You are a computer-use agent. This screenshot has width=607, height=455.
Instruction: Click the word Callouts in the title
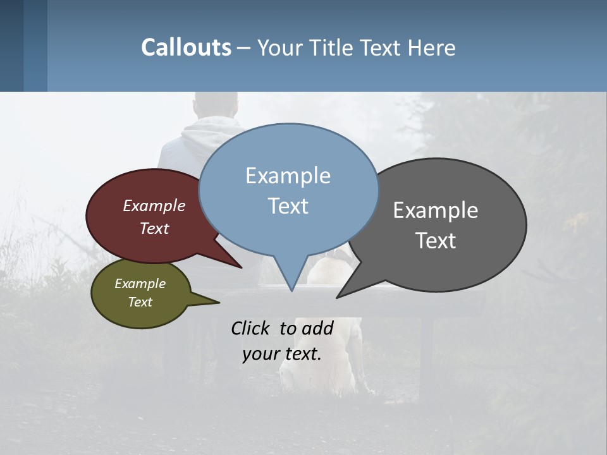click(186, 47)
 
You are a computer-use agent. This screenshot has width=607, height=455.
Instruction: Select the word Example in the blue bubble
click(288, 176)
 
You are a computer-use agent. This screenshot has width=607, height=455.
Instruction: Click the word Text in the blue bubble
click(288, 206)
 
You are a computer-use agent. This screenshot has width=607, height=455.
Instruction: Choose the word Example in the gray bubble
click(436, 210)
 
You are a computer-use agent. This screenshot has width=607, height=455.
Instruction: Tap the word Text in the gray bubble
click(436, 241)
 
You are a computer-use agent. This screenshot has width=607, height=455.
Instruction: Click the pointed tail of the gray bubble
click(340, 296)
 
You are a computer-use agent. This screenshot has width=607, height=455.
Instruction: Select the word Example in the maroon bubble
click(154, 206)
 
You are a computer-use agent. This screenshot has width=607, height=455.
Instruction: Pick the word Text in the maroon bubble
click(154, 229)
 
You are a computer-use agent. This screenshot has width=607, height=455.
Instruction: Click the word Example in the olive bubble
click(140, 284)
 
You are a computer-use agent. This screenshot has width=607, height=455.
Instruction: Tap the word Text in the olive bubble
click(140, 302)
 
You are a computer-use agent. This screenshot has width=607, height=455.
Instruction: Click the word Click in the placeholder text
click(252, 329)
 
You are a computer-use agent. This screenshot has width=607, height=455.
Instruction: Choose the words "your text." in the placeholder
click(281, 354)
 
